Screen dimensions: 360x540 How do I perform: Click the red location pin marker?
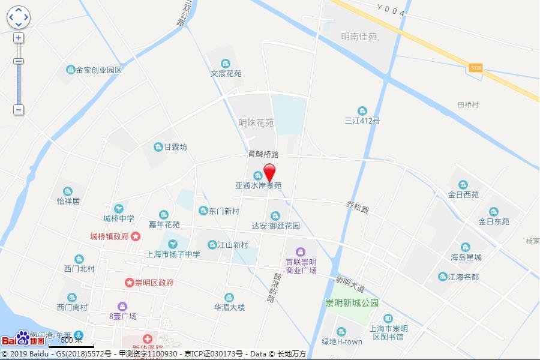[269, 172]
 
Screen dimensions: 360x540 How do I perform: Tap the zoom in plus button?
[19, 38]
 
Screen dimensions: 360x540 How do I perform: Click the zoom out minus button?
[19, 110]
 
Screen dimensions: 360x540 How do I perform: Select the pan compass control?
[18, 17]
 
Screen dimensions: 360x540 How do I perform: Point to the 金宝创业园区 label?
[98, 70]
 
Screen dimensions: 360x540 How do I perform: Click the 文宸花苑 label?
[226, 73]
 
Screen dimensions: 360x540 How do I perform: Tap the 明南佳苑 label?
[358, 36]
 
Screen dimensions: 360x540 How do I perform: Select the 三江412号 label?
[362, 120]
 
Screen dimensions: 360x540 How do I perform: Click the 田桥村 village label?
[468, 104]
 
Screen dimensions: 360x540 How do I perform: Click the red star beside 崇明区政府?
[129, 282]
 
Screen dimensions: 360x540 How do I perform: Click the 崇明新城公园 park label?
[352, 303]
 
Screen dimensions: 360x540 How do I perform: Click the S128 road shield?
[476, 68]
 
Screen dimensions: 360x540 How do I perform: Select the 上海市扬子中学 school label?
[173, 254]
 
